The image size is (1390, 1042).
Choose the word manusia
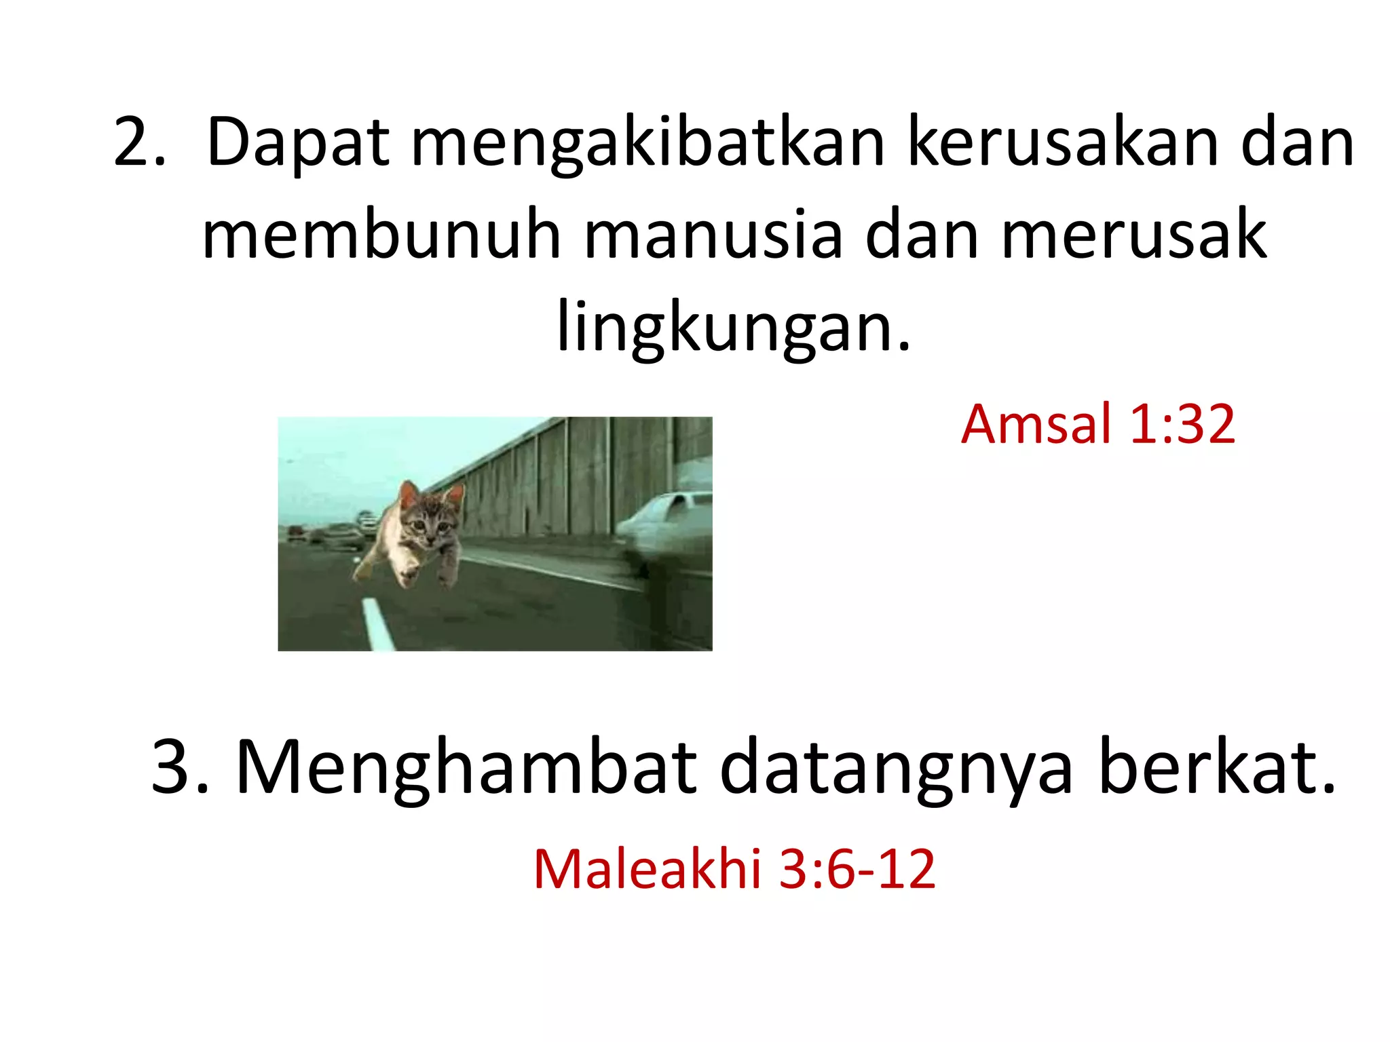[713, 235]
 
